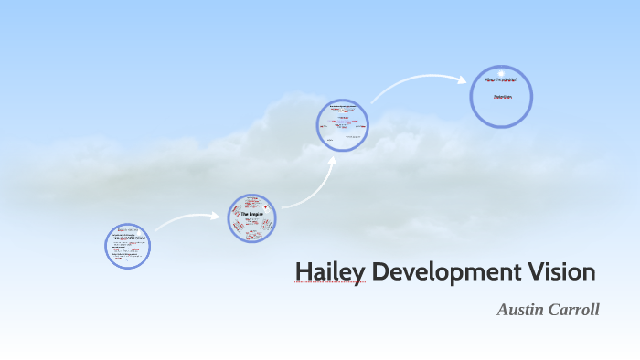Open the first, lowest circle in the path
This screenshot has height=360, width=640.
point(128,246)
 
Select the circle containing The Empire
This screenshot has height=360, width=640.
point(251,217)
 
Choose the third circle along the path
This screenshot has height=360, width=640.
point(343,124)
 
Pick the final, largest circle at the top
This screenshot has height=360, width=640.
point(501,95)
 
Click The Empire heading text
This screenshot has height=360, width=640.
point(251,213)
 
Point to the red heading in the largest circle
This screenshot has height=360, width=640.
point(501,80)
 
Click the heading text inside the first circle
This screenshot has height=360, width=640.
point(128,229)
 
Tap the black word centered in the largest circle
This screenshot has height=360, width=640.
point(501,96)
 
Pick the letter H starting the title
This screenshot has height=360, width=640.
point(304,271)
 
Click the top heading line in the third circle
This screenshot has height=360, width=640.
point(343,106)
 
